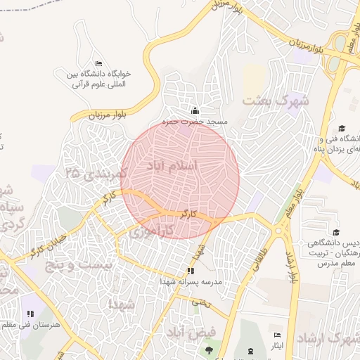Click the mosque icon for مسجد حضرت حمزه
(x=195, y=110)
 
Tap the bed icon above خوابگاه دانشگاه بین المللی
(x=98, y=63)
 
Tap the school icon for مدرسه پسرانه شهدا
(x=190, y=271)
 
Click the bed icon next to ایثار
(x=278, y=335)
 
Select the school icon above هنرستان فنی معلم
(x=30, y=314)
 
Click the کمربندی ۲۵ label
(x=96, y=172)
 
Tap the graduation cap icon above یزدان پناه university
(x=342, y=129)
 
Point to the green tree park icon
(x=208, y=349)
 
